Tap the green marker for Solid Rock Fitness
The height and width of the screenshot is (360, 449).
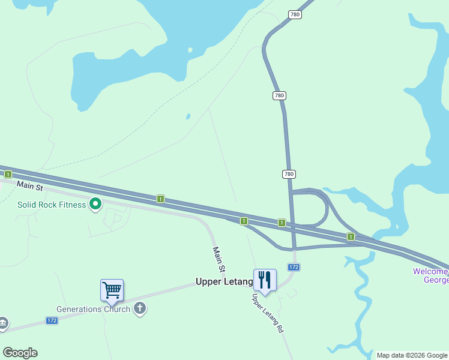pyautogui.click(x=95, y=205)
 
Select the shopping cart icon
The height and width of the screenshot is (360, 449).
pyautogui.click(x=112, y=290)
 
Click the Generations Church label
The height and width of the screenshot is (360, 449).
pyautogui.click(x=93, y=310)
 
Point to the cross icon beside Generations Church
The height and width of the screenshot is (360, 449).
pyautogui.click(x=140, y=309)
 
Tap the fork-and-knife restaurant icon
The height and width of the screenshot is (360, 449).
pyautogui.click(x=265, y=279)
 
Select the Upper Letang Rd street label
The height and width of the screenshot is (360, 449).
pyautogui.click(x=268, y=313)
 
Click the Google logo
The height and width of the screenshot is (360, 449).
pyautogui.click(x=20, y=353)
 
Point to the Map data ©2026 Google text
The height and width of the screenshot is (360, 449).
pyautogui.click(x=412, y=355)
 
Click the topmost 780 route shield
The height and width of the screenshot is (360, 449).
pyautogui.click(x=294, y=14)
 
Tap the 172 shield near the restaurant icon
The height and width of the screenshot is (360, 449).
pyautogui.click(x=294, y=267)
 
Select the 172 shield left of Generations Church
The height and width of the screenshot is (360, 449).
pyautogui.click(x=52, y=321)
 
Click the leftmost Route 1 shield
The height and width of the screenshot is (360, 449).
pyautogui.click(x=8, y=174)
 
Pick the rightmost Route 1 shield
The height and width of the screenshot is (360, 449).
pyautogui.click(x=351, y=237)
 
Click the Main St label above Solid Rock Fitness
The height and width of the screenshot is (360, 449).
pyautogui.click(x=30, y=187)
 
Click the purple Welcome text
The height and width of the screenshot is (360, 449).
pyautogui.click(x=430, y=271)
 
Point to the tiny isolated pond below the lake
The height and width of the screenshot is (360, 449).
pyautogui.click(x=188, y=116)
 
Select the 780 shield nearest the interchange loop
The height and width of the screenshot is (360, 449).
pyautogui.click(x=289, y=174)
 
